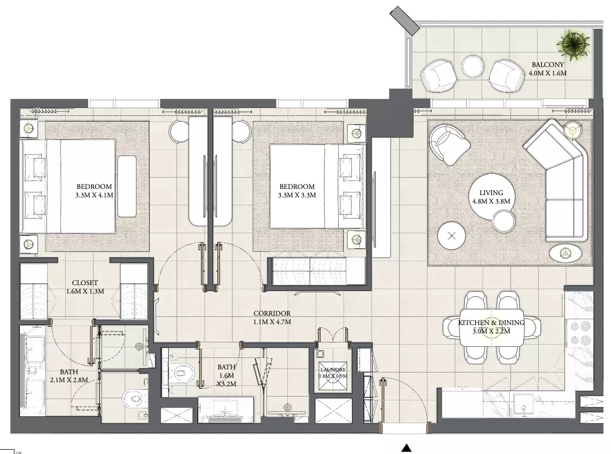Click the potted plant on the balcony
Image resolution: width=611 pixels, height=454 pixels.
point(573,45)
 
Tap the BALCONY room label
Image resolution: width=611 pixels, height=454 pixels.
point(548,65)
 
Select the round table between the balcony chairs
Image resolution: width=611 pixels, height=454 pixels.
point(472,66)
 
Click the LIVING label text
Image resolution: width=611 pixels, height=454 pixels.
point(491,192)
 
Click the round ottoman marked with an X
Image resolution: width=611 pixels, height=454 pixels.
point(452,236)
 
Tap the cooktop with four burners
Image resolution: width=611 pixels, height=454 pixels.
point(580,333)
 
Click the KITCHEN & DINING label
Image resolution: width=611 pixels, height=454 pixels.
point(491,322)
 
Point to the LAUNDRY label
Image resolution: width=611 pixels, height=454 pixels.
point(333,370)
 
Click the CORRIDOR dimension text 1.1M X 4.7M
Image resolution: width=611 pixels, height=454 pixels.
point(272,322)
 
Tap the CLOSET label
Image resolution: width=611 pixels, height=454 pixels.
point(85,283)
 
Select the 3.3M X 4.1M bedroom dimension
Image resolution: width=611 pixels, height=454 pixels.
point(94,195)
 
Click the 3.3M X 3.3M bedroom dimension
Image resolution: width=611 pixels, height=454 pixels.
point(297,195)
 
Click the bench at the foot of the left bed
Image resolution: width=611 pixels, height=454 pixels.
point(127,187)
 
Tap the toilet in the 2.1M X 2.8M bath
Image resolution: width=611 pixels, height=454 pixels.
point(134,398)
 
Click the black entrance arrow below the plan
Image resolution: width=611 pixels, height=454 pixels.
point(406,448)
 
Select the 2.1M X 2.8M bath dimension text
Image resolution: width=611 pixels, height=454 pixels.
point(69,380)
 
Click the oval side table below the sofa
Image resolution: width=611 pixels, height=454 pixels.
point(565,253)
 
